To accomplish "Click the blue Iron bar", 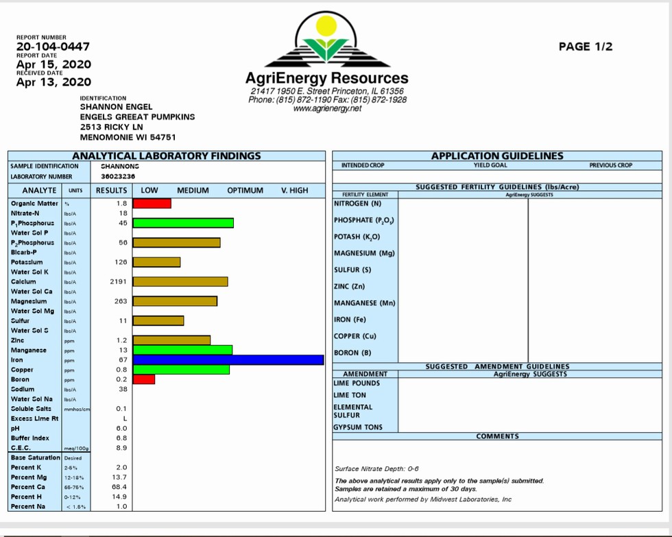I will (228, 360).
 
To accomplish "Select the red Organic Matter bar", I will (152, 204).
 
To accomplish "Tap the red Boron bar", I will (144, 379).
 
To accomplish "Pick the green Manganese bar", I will (182, 350).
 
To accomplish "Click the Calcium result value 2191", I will (119, 282).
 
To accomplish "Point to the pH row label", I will (15, 428).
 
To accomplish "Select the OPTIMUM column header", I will (245, 190).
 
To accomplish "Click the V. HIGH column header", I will (295, 190).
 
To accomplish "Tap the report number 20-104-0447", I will (52, 47).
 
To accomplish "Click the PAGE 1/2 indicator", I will (586, 47).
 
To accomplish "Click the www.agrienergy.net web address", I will (327, 108).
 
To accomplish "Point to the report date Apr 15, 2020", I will (53, 64).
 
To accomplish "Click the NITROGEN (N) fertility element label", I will (357, 204).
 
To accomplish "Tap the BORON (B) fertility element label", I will (352, 353).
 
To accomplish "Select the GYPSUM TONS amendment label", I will (358, 427).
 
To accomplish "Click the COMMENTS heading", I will (498, 436).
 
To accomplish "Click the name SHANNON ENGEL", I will (116, 107).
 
